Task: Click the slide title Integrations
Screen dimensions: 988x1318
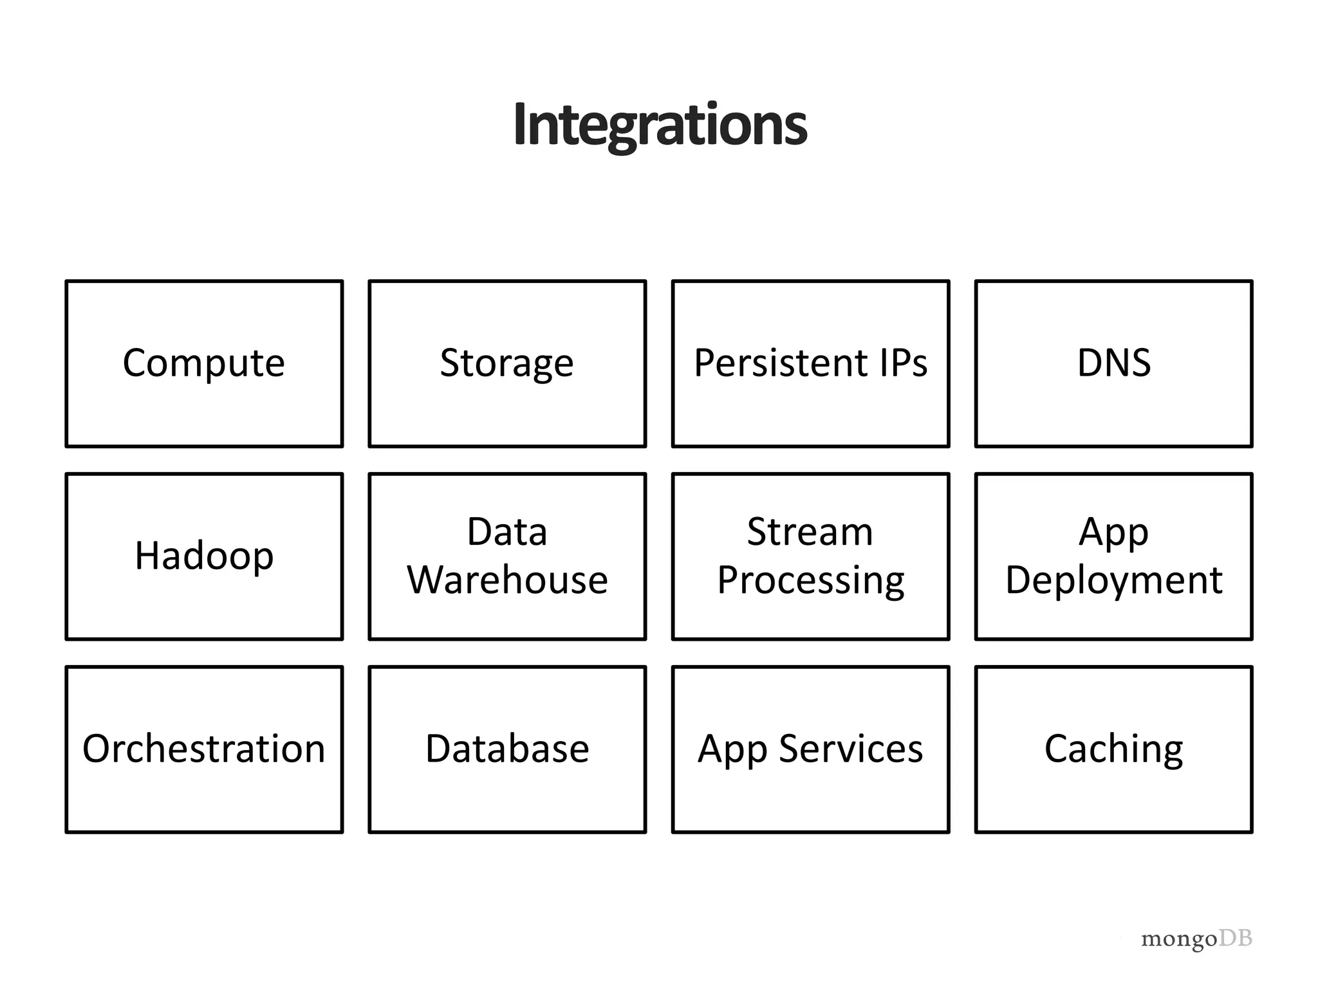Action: tap(660, 125)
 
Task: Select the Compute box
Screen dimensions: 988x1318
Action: tap(204, 363)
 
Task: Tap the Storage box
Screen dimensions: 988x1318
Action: tap(507, 363)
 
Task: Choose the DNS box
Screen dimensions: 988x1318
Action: tap(1113, 363)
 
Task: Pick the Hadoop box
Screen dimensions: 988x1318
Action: tap(204, 556)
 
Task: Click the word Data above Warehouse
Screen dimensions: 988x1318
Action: tap(507, 532)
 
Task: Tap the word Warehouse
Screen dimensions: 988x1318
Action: tap(507, 580)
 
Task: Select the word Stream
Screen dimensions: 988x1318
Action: tap(810, 532)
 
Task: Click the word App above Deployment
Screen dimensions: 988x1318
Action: tap(1113, 533)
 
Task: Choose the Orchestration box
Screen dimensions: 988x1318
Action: tap(204, 749)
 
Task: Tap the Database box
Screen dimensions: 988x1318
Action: tap(507, 749)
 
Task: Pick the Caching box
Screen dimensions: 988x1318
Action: tap(1113, 749)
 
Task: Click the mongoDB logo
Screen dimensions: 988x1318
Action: tap(1196, 940)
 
